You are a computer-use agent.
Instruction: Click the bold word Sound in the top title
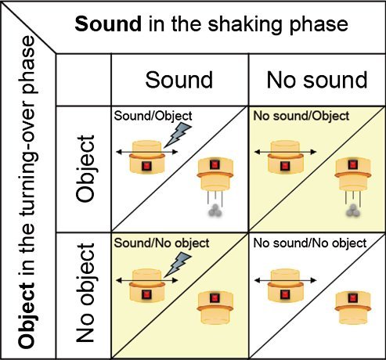108,23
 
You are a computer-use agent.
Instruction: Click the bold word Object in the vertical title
27,316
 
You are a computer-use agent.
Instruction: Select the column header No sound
317,80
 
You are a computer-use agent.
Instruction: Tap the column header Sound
179,80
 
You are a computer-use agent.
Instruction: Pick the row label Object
85,168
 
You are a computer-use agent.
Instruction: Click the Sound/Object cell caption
153,116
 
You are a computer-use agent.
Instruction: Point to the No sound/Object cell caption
301,116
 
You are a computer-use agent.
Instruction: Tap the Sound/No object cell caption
161,243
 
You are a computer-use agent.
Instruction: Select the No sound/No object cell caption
310,243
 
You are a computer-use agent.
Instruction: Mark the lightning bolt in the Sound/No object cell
178,265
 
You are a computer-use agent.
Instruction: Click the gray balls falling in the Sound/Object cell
215,211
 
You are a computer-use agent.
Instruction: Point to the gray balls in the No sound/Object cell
353,211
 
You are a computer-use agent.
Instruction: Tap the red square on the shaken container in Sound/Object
147,166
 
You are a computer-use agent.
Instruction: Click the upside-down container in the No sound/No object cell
353,308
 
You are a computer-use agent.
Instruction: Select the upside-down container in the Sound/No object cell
215,308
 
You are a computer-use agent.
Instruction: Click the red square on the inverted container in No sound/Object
353,164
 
